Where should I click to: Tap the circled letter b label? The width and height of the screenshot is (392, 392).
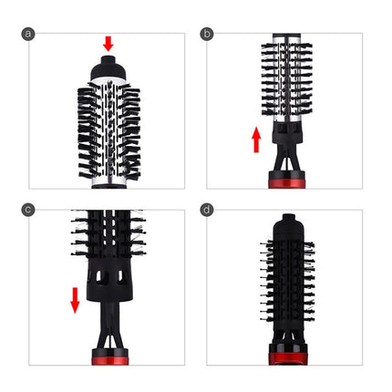tap(207, 34)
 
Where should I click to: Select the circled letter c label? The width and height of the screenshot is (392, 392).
tap(28, 210)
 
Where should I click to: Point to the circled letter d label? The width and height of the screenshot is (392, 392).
tap(207, 210)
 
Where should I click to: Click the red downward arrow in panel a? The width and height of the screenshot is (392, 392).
tap(108, 43)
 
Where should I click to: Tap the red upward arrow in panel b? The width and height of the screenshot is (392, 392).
tap(257, 139)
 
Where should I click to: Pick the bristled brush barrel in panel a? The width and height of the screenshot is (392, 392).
tap(108, 132)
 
